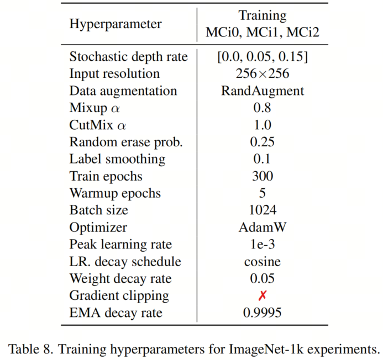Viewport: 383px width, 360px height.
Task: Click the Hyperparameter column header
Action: pyautogui.click(x=116, y=24)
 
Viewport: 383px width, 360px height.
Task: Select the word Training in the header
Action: pyautogui.click(x=263, y=15)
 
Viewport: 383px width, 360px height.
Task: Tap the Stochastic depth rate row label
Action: pyautogui.click(x=128, y=56)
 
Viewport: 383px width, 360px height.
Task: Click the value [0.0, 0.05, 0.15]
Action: pyautogui.click(x=263, y=56)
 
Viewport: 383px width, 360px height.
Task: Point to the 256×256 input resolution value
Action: pyautogui.click(x=263, y=73)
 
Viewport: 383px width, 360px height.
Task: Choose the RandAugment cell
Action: pyautogui.click(x=263, y=91)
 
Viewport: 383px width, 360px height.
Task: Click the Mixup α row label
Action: pyautogui.click(x=98, y=108)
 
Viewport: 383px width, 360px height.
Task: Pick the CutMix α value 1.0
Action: pyautogui.click(x=263, y=125)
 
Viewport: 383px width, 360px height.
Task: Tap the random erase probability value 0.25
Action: pyautogui.click(x=263, y=142)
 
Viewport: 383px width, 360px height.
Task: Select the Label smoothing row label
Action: pyautogui.click(x=117, y=159)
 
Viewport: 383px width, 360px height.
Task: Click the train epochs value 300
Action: pyautogui.click(x=263, y=176)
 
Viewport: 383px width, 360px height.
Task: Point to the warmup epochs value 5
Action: pyautogui.click(x=263, y=193)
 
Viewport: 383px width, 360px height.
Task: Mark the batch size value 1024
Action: pyautogui.click(x=263, y=210)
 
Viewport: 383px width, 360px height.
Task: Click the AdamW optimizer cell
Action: pyautogui.click(x=263, y=227)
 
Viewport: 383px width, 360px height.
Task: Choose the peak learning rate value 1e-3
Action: pyautogui.click(x=263, y=245)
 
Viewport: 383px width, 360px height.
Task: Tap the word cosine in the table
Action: pyautogui.click(x=263, y=262)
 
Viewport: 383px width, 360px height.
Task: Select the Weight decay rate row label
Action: pyautogui.click(x=120, y=279)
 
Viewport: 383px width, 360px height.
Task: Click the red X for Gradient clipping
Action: pyautogui.click(x=263, y=296)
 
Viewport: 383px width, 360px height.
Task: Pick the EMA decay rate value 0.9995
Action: pyautogui.click(x=263, y=313)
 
